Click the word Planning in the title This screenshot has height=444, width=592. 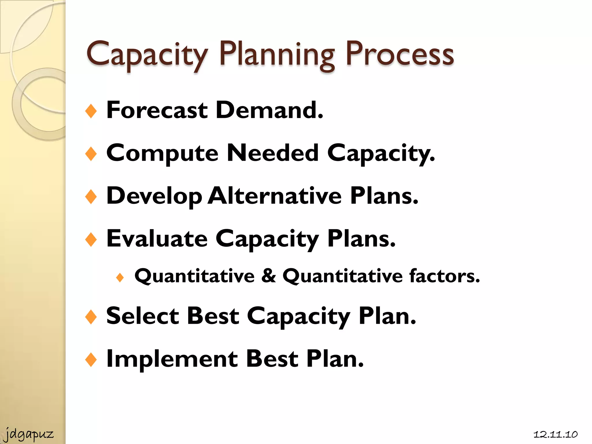277,55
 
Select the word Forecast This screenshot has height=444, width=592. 157,110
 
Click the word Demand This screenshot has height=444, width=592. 269,110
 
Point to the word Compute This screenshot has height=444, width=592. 162,153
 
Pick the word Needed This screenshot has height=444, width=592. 273,153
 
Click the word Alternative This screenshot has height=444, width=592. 275,196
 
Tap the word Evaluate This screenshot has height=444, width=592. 157,239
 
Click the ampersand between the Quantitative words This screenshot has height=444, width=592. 269,276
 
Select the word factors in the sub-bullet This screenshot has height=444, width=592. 444,276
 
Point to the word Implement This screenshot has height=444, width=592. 172,359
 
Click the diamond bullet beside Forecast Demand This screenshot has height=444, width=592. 91,111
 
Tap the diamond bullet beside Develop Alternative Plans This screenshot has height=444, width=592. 91,197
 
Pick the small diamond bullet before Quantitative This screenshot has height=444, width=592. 120,278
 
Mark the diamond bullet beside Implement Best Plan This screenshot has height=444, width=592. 91,360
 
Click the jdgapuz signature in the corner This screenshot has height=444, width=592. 29,434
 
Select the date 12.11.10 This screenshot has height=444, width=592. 555,434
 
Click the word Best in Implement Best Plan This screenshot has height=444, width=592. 272,359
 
